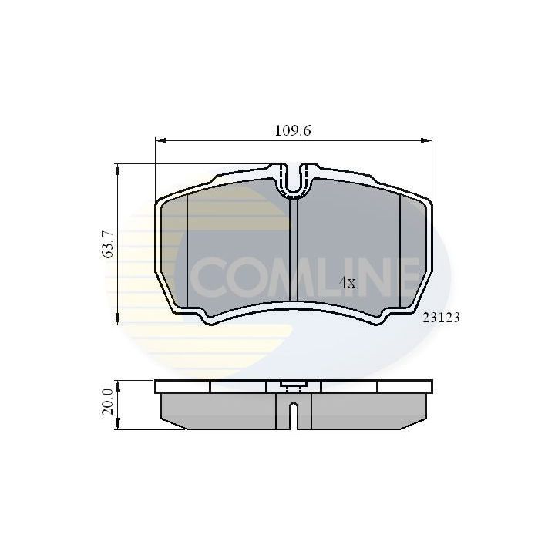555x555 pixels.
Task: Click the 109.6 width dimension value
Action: click(x=293, y=130)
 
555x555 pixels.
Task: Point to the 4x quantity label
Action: click(x=348, y=282)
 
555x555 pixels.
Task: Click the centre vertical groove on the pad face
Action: click(x=293, y=247)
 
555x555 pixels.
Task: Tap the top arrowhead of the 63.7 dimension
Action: click(x=117, y=168)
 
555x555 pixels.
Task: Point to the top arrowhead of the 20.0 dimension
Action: click(x=117, y=384)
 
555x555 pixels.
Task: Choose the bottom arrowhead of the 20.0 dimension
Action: click(x=117, y=425)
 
